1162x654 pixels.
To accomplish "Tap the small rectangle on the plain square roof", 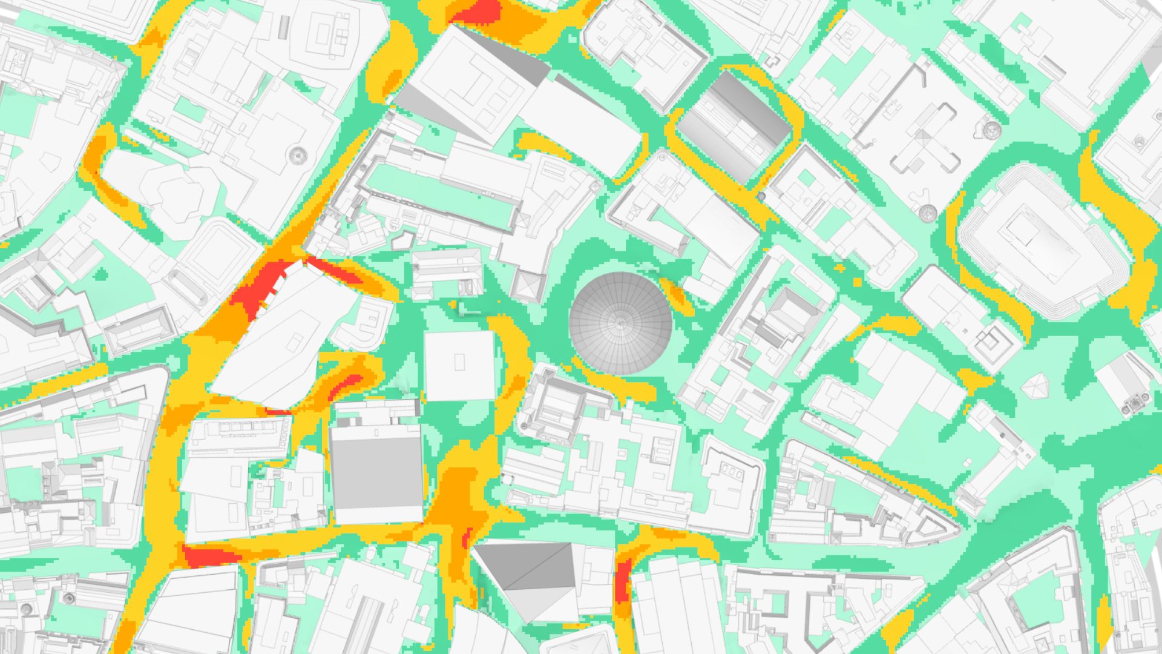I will [x=459, y=362].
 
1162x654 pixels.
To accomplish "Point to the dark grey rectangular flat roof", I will [x=376, y=472].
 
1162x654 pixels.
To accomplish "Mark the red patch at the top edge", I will [x=478, y=12].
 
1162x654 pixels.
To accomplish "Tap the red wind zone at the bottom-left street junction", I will [x=209, y=555].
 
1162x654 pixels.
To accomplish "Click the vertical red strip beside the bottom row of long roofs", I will [x=622, y=581].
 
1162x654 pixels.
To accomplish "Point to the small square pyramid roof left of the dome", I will [x=529, y=285].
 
